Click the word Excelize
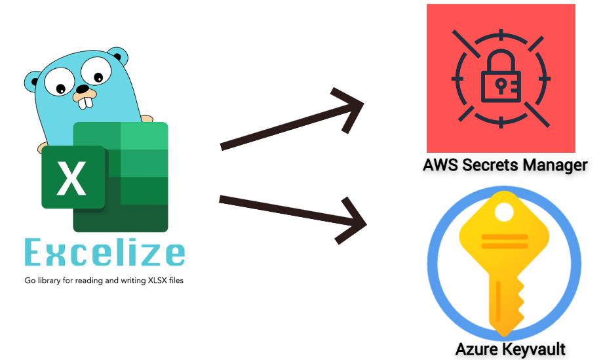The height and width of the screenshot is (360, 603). [x=104, y=253]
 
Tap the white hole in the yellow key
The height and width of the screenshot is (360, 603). [x=504, y=212]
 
